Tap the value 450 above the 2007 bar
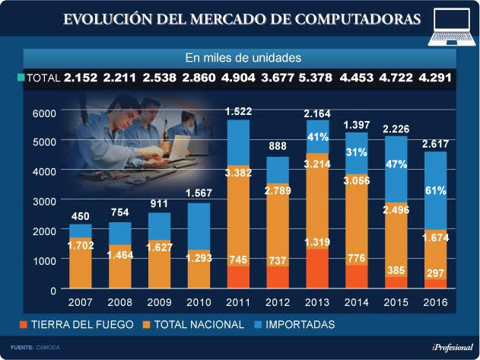80,216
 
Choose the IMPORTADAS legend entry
299,325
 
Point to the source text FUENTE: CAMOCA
35,347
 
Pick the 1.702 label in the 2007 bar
80,246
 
